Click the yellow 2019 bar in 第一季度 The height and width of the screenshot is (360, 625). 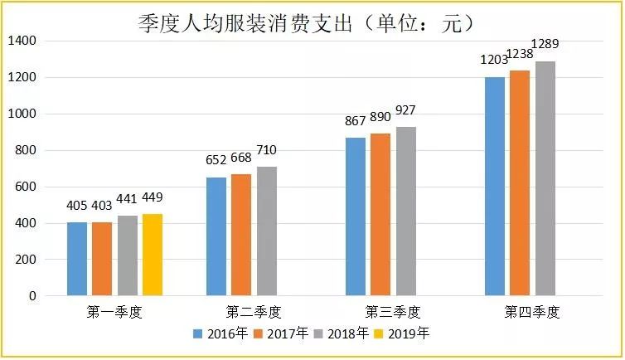pyautogui.click(x=153, y=255)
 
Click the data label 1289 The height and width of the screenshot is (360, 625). pyautogui.click(x=545, y=43)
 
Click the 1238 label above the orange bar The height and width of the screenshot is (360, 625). pyautogui.click(x=520, y=53)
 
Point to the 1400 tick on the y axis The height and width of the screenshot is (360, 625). pyautogui.click(x=23, y=41)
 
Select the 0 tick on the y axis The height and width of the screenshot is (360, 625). pyautogui.click(x=34, y=296)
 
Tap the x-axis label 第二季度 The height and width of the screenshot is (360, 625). pyautogui.click(x=254, y=313)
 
